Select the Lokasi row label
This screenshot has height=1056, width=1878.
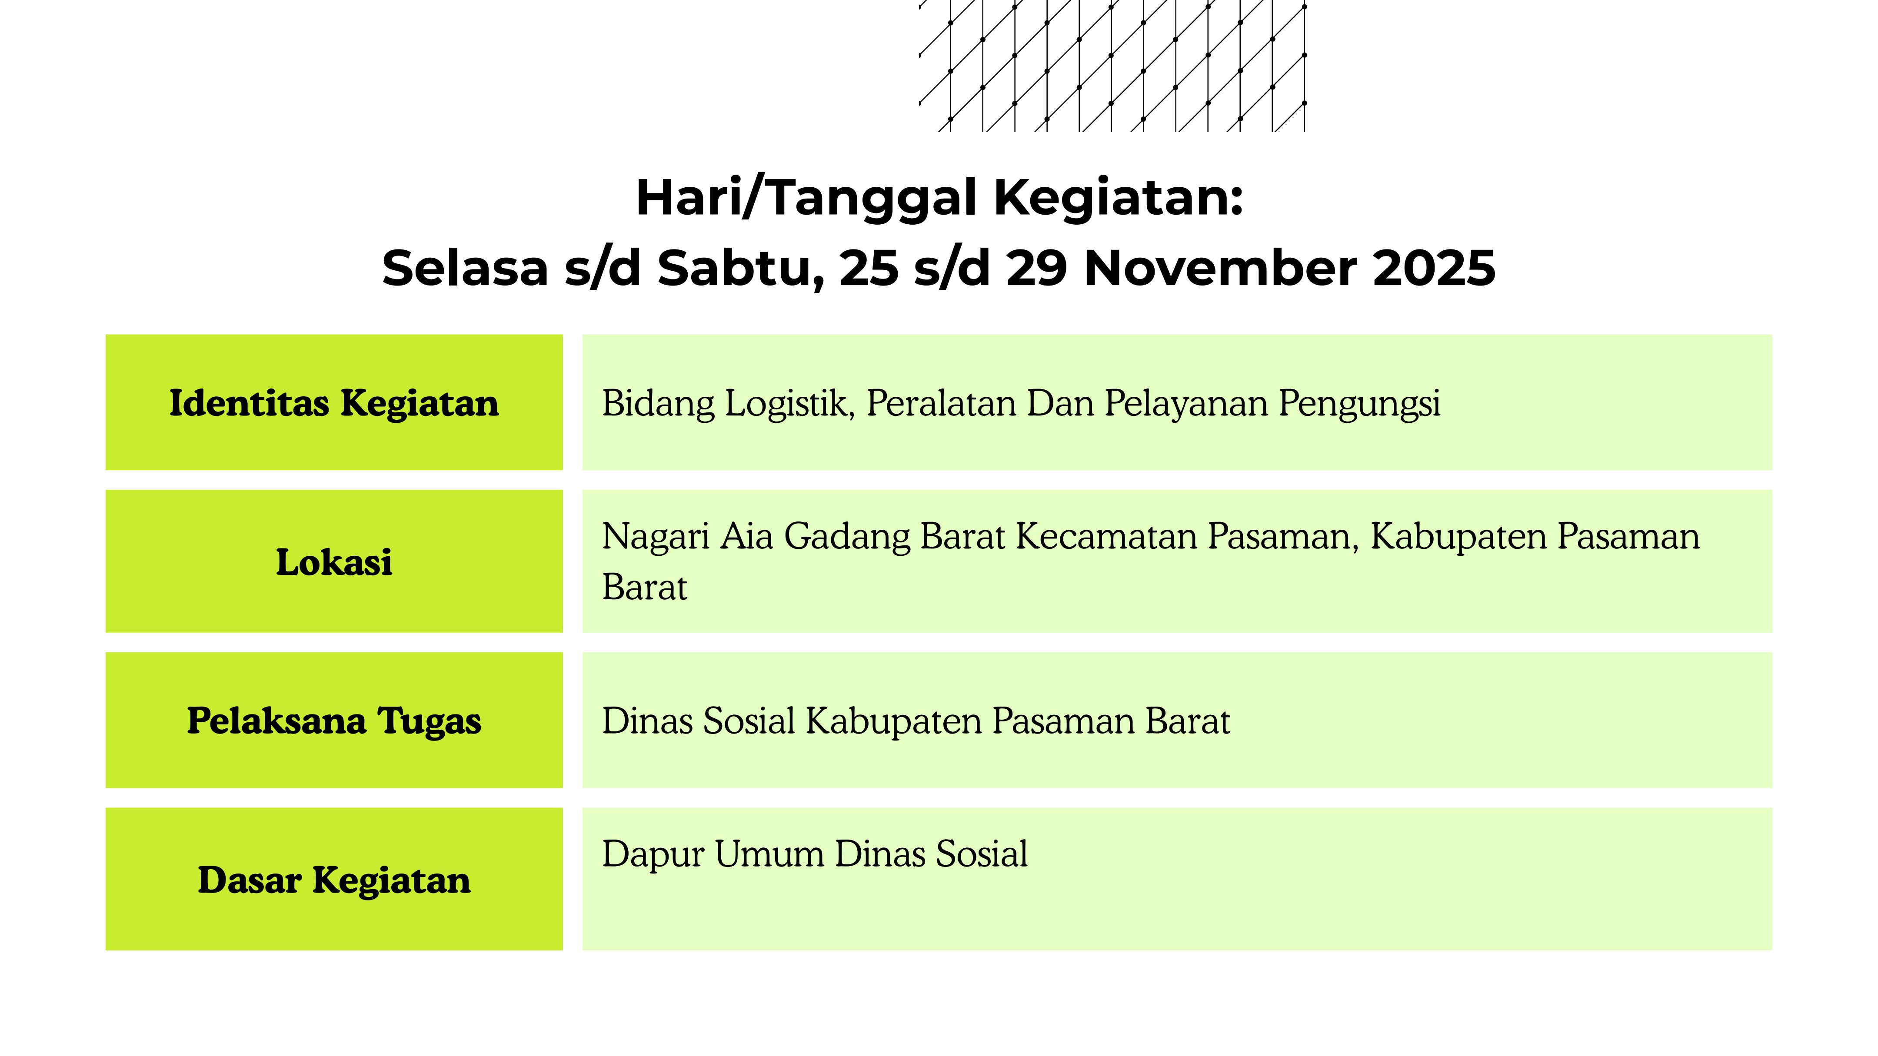[x=334, y=562]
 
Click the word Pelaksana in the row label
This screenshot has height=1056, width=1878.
[x=276, y=721]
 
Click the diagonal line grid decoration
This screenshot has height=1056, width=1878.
[x=1112, y=66]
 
